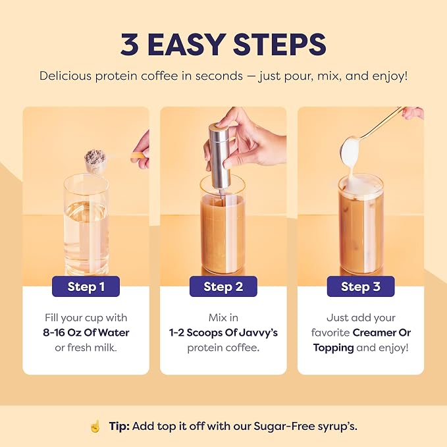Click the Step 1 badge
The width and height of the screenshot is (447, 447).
click(x=86, y=286)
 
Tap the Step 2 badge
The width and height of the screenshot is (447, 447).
click(x=223, y=286)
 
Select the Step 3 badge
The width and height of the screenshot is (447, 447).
click(x=361, y=286)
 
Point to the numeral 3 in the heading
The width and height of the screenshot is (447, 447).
click(x=130, y=45)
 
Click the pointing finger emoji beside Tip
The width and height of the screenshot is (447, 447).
click(x=95, y=426)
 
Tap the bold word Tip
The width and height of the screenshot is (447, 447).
click(x=119, y=426)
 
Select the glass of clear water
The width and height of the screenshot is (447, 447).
click(x=86, y=224)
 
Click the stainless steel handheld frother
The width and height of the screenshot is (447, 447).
click(x=219, y=158)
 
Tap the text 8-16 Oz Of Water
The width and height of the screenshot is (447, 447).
click(x=86, y=332)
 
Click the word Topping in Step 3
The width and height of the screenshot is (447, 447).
click(x=333, y=348)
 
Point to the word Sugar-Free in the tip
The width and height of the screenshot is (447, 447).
click(x=284, y=426)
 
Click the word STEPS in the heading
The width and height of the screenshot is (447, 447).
click(x=280, y=45)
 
